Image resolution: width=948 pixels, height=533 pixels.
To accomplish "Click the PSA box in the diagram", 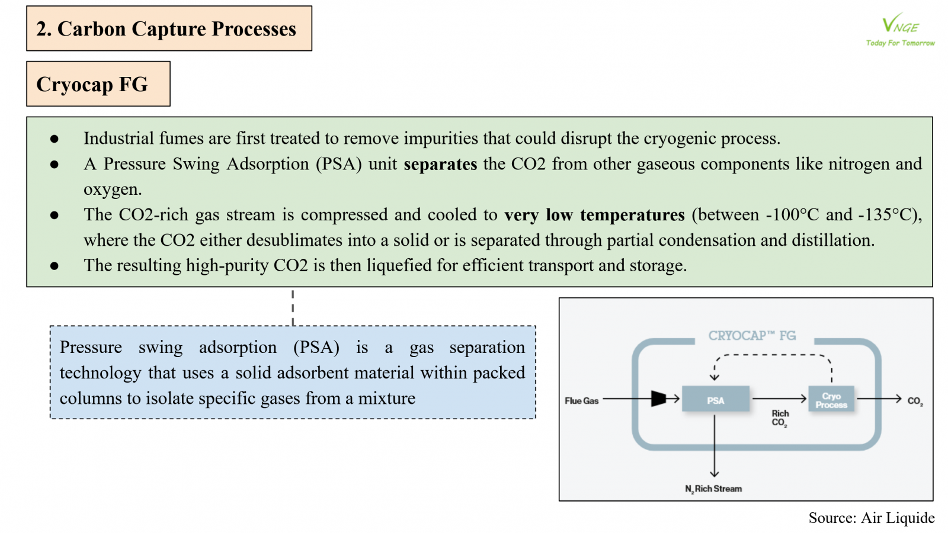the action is tap(715, 399).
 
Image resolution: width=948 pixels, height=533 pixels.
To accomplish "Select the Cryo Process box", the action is tap(831, 399).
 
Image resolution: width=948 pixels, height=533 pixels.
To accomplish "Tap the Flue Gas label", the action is tap(581, 400).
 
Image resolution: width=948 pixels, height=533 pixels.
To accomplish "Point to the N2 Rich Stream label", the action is tap(713, 489).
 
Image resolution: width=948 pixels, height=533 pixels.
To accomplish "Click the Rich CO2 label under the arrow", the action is tap(780, 418).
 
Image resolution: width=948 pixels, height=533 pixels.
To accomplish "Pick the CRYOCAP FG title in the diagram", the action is tap(752, 336).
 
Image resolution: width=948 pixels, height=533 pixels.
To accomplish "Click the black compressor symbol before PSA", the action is tap(658, 399).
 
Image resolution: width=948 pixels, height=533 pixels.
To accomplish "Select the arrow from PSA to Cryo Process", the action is tap(779, 399).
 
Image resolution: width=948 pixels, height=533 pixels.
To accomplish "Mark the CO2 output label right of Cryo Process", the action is tap(915, 401).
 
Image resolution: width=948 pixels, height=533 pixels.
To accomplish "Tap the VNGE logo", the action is tap(900, 24).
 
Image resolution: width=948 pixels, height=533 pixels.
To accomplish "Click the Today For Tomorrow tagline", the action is tap(900, 43).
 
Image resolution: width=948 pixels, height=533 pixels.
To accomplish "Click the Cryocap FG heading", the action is tap(92, 84).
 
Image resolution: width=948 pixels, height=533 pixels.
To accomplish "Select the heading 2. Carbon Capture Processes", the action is tap(166, 29).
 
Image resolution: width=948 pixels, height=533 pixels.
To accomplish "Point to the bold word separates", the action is tap(440, 164).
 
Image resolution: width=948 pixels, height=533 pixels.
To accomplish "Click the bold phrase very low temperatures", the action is tap(594, 215).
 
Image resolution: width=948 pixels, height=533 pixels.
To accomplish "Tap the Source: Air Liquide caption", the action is tap(872, 518).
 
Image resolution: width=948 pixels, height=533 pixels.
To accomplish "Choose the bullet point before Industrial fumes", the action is tap(54, 139).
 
